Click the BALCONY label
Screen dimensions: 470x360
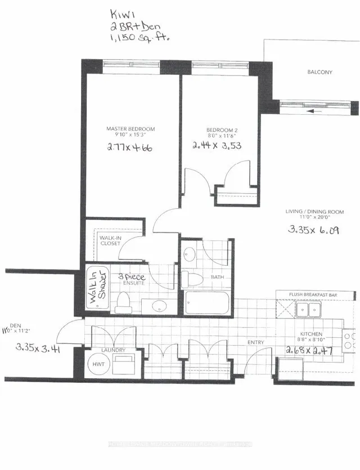[x=319, y=72]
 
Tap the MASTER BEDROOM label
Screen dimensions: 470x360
[x=130, y=129]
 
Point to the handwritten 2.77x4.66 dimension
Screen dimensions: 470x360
[x=130, y=148]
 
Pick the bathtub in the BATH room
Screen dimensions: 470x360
[x=206, y=304]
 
